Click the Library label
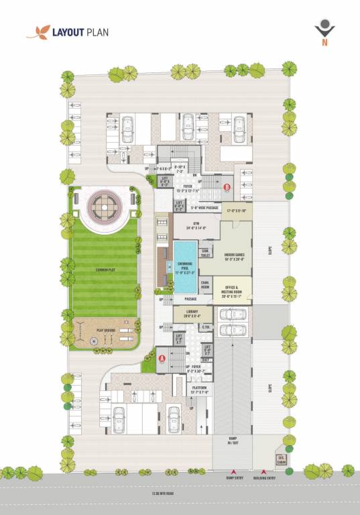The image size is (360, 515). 192,313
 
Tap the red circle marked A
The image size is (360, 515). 162,357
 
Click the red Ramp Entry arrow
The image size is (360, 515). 233,471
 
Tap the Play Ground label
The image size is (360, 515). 106,330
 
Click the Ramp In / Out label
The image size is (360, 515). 233,443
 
